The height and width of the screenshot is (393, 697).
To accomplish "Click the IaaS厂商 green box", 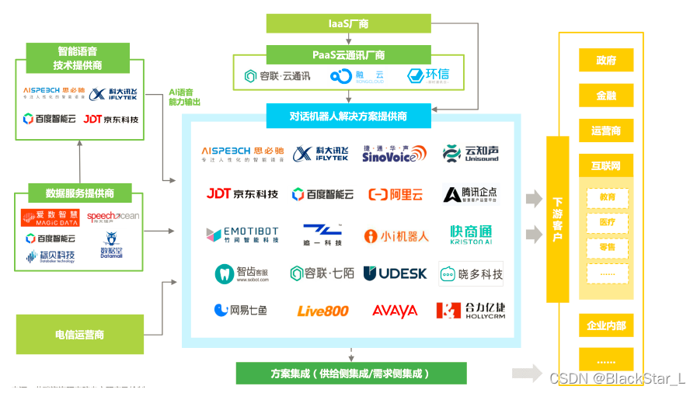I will point(348,23).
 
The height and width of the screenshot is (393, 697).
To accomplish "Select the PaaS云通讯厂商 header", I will point(348,55).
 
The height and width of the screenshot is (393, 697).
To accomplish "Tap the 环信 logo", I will point(427,75).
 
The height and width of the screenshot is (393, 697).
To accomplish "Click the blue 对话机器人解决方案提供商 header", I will point(348,117).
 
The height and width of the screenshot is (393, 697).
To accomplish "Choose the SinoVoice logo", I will point(395,153).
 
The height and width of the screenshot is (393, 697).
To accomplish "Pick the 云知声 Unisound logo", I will point(470,153).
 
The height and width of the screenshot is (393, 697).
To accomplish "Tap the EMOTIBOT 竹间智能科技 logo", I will point(242,235).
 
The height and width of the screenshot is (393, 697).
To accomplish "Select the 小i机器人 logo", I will point(396,235).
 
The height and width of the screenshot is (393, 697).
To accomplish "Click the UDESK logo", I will point(395,273).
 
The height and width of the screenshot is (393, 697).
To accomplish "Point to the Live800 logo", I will point(322,311).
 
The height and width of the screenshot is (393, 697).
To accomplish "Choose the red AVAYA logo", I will point(395,311).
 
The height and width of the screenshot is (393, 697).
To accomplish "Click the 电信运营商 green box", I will point(79,334).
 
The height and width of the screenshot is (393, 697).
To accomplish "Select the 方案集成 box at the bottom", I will point(351,373).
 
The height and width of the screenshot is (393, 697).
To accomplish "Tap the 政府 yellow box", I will point(606,60).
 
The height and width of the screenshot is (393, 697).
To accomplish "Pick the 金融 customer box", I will point(606,96).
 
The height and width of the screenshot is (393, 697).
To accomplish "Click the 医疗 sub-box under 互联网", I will point(607,222).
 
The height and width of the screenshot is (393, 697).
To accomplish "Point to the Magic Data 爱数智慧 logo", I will point(50,217).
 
